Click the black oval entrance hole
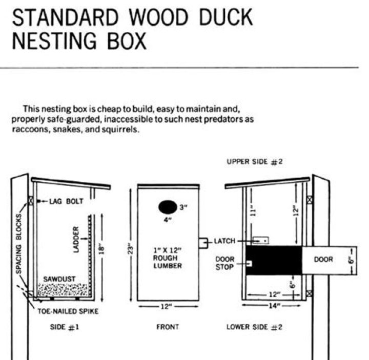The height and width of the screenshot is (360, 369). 166,207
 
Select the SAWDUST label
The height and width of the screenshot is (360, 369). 59,279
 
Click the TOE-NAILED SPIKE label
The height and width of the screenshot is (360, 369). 68,311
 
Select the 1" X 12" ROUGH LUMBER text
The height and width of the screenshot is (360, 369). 168,258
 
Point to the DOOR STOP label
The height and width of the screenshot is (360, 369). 224,263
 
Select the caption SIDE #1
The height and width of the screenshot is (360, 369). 65,327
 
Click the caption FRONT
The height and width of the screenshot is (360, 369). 168,327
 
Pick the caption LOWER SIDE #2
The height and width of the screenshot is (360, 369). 255,327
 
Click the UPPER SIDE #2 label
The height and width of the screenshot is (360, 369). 255,162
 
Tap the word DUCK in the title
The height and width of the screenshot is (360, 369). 223,17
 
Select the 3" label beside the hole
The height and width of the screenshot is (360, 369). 183,207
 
